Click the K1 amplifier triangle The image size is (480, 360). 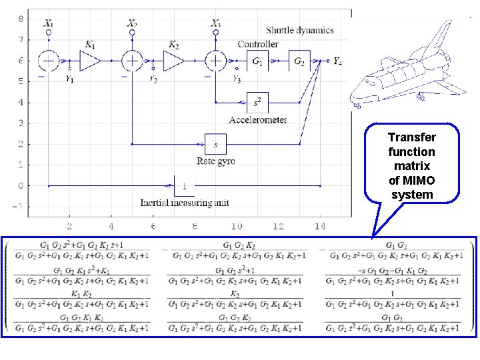click(90, 61)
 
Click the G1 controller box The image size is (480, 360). click(257, 61)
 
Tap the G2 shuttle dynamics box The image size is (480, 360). click(299, 61)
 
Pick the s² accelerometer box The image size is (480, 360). click(258, 103)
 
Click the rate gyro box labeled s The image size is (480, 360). click(215, 144)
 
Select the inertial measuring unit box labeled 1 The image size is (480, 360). click(184, 185)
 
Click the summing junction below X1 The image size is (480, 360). click(49, 61)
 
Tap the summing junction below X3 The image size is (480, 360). click(215, 61)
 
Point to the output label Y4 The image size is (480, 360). click(337, 61)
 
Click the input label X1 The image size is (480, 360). click(49, 23)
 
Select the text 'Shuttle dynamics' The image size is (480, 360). click(299, 30)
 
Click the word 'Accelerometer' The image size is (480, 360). click(257, 120)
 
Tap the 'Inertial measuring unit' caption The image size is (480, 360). click(183, 203)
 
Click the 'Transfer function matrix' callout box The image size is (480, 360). click(412, 163)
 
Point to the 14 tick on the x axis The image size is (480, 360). click(321, 227)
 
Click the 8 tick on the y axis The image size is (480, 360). click(19, 19)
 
